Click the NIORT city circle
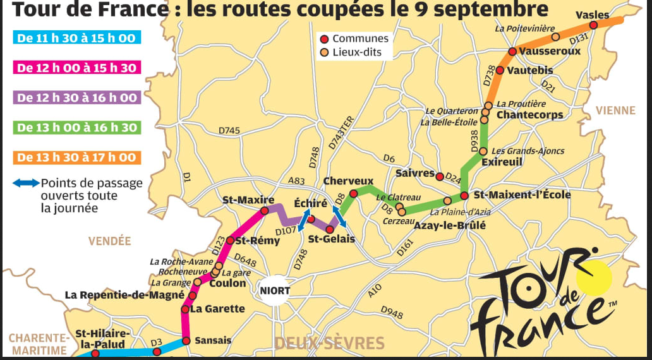click(275, 291)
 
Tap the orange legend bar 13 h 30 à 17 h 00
click(76, 157)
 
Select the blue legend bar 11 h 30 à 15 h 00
click(76, 38)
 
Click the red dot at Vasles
click(593, 25)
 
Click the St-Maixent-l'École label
click(522, 195)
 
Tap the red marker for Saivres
click(440, 174)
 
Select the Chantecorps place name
click(529, 115)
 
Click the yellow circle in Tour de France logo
click(595, 277)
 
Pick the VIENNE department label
click(615, 111)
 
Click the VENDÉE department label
click(110, 241)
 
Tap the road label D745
click(229, 130)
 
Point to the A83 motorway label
click(296, 181)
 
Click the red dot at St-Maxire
click(265, 210)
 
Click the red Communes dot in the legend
click(325, 39)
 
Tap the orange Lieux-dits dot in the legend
click(325, 52)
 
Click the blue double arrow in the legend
click(27, 183)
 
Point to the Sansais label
click(212, 340)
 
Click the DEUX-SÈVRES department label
click(329, 344)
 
